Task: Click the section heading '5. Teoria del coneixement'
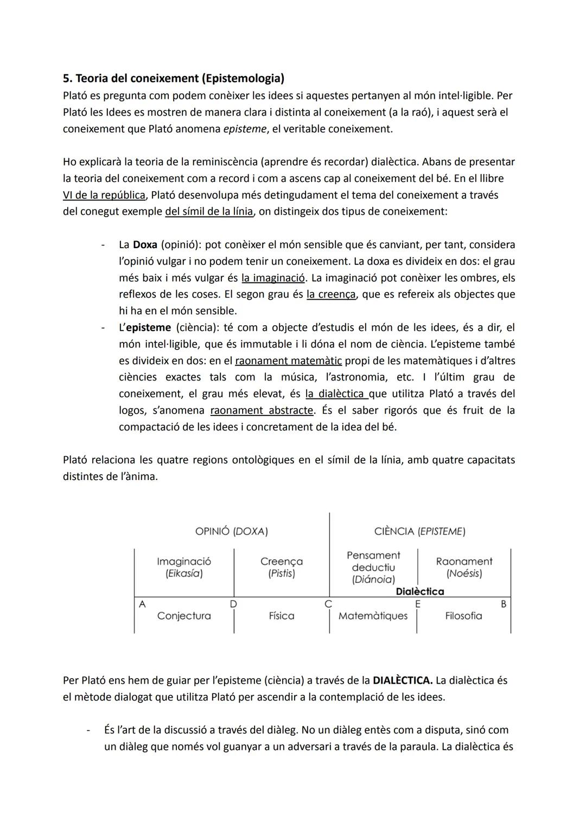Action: click(x=174, y=79)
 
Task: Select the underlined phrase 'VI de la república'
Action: click(x=104, y=195)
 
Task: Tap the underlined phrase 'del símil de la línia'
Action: click(x=209, y=211)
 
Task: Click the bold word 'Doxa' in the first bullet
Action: click(x=145, y=245)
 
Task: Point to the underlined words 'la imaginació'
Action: click(x=273, y=278)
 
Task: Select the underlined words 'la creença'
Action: click(x=331, y=294)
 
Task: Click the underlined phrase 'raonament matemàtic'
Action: click(x=288, y=361)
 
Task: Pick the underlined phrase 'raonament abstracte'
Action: click(x=262, y=410)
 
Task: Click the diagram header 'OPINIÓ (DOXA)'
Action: click(x=232, y=532)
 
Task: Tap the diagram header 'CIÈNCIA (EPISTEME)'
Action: click(x=419, y=532)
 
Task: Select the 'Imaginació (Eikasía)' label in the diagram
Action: click(x=184, y=567)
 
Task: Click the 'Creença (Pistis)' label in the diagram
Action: click(x=281, y=567)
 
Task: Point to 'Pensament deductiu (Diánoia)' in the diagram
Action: click(x=373, y=567)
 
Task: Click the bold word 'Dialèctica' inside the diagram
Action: click(x=420, y=592)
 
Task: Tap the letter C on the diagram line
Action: click(x=328, y=604)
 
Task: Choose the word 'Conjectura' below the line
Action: click(x=184, y=616)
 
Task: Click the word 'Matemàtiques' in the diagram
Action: click(x=373, y=616)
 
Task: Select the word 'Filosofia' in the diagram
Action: click(x=463, y=616)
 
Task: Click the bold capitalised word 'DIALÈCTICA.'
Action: click(x=403, y=680)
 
